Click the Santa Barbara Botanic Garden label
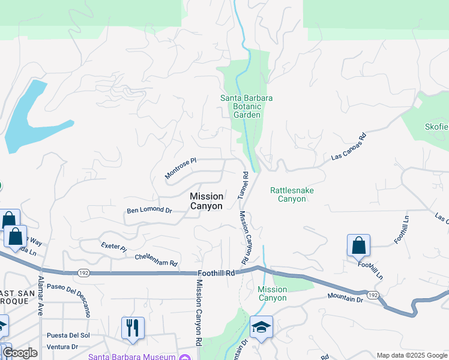247,106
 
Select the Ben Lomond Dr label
149,211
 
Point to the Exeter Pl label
114,246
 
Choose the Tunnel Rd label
243,185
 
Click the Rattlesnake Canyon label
292,194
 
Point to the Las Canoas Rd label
349,147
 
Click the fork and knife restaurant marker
133,328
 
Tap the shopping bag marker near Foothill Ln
358,245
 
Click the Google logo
20,352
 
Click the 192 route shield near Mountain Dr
373,295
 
